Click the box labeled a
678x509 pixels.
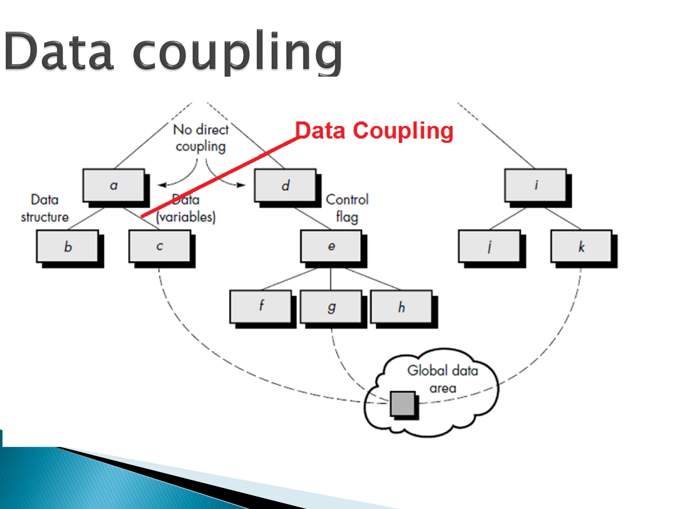[x=114, y=185]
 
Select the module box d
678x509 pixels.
[x=285, y=185]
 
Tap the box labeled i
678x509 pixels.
[x=535, y=185]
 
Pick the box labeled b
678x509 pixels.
[x=68, y=246]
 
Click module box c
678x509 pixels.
[x=160, y=246]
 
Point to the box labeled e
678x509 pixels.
[x=331, y=246]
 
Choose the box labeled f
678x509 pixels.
[x=261, y=307]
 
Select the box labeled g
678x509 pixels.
[x=331, y=307]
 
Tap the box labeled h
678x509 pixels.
[x=401, y=307]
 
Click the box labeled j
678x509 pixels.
[x=489, y=246]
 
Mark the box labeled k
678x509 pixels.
[x=581, y=246]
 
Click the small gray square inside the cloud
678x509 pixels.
[x=403, y=403]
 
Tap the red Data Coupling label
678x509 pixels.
[x=374, y=131]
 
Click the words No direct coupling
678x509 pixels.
[x=201, y=138]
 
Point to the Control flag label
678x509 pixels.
[x=347, y=208]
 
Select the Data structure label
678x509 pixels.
[x=45, y=208]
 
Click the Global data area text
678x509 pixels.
[x=443, y=379]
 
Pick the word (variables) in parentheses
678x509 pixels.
[x=186, y=217]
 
